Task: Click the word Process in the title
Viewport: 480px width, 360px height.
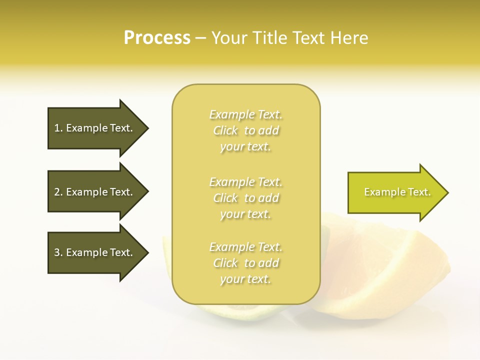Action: (x=157, y=38)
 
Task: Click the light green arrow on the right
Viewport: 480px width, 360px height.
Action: (x=395, y=192)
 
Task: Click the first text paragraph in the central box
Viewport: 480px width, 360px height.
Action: (x=246, y=130)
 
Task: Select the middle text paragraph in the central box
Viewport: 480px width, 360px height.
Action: (x=246, y=198)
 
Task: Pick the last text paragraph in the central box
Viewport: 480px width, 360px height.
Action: (x=246, y=263)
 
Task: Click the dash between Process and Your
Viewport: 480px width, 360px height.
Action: (x=200, y=38)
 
